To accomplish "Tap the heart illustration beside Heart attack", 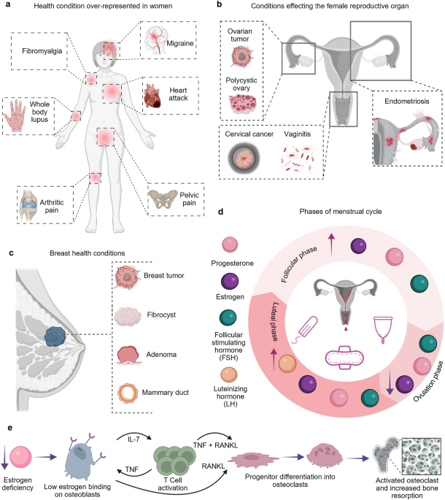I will click(155, 94).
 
